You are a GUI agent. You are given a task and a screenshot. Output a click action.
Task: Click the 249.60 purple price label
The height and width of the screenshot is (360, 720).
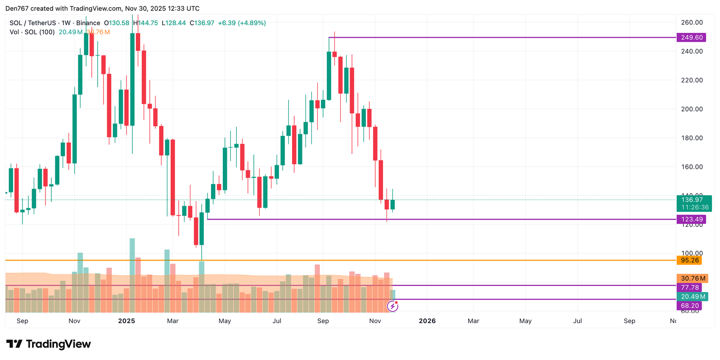point(691,37)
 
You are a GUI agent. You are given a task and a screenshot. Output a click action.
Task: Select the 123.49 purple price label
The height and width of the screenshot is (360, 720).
point(691,220)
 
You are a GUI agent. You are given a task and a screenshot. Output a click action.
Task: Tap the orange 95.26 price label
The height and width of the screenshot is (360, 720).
point(689,261)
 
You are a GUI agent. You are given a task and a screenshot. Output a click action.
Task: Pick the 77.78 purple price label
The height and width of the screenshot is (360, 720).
point(689,288)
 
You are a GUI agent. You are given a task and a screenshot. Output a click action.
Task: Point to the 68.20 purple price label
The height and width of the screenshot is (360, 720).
point(689,306)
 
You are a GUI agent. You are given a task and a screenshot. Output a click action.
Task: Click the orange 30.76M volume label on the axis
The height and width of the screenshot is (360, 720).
point(693,279)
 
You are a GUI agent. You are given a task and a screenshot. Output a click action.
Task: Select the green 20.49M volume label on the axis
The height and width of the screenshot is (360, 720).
point(693,297)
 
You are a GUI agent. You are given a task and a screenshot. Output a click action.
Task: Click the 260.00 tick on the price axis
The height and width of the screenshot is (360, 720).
point(692,22)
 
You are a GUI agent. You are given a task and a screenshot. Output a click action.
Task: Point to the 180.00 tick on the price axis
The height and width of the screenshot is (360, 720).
point(692,138)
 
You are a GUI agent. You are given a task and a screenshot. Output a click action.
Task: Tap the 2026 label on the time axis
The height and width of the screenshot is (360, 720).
point(427,321)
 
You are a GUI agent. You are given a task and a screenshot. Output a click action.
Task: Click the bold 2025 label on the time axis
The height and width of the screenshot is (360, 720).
point(126,321)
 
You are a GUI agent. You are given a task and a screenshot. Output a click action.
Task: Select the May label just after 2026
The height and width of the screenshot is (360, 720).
point(525,321)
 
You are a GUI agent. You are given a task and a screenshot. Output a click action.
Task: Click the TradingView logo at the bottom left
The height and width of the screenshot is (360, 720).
point(49,344)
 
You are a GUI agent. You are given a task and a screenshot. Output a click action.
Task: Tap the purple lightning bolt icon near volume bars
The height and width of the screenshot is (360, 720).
point(392,306)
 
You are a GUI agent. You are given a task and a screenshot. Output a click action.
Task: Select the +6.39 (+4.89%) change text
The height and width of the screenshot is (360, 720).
point(242,23)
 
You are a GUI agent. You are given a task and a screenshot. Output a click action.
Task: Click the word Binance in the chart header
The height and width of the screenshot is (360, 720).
point(88,23)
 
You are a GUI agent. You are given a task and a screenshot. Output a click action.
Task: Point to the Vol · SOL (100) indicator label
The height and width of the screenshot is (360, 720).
point(32,32)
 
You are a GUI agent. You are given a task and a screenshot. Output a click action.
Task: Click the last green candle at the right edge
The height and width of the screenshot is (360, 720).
point(392,204)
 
